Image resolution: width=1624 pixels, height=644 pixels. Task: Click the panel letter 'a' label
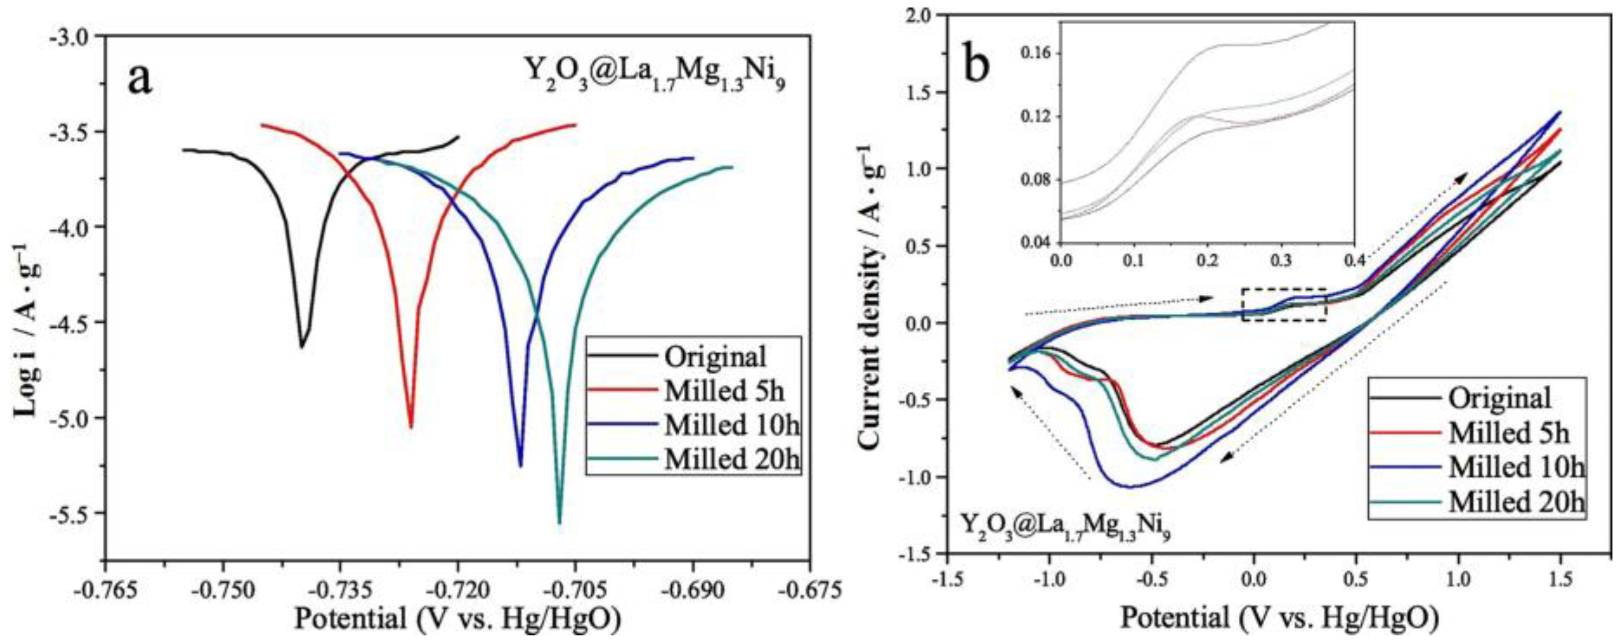point(139,81)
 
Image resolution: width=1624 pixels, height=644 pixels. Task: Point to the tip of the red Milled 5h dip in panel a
point(411,427)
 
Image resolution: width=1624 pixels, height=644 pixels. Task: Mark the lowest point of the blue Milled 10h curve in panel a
point(521,466)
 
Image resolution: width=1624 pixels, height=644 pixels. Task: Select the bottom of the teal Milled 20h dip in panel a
point(559,522)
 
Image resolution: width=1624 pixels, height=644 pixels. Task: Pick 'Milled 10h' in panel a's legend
point(731,426)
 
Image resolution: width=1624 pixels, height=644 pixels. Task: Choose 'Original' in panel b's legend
point(1500,398)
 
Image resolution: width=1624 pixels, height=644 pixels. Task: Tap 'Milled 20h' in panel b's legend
point(1517,502)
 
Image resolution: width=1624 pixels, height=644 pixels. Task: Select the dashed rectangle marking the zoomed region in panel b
point(1284,305)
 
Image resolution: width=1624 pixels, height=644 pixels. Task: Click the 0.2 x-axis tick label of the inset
point(1209,260)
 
